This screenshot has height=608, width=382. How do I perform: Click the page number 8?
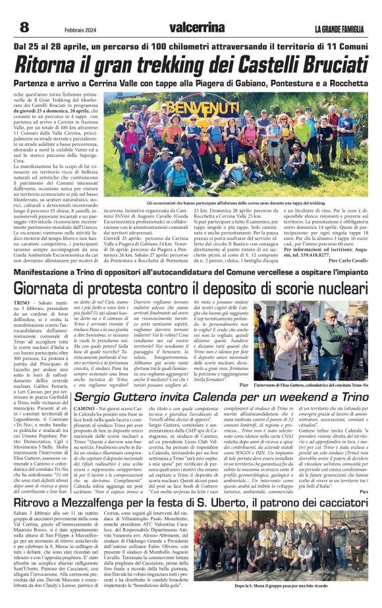coord(24,26)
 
